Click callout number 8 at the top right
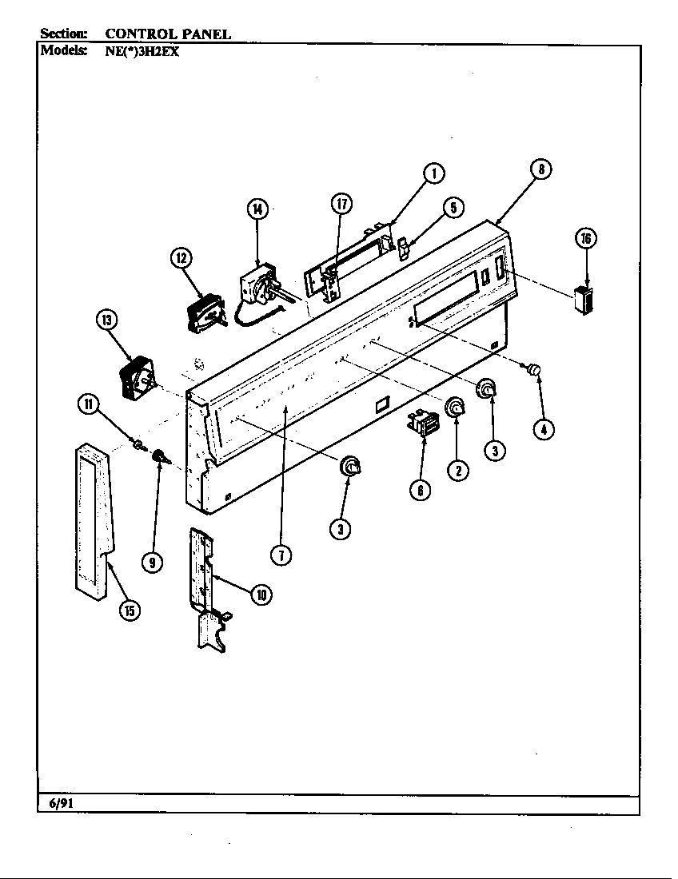tap(541, 169)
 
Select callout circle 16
tap(586, 238)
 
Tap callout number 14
tap(257, 209)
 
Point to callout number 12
tap(181, 257)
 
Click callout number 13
tap(106, 320)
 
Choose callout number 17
tap(341, 204)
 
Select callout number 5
tap(453, 208)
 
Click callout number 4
tap(543, 429)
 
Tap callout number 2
tap(457, 471)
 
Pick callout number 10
tap(260, 594)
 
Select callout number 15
tap(129, 611)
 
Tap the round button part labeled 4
tap(534, 368)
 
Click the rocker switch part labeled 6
tap(424, 424)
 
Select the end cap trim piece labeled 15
tap(94, 519)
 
